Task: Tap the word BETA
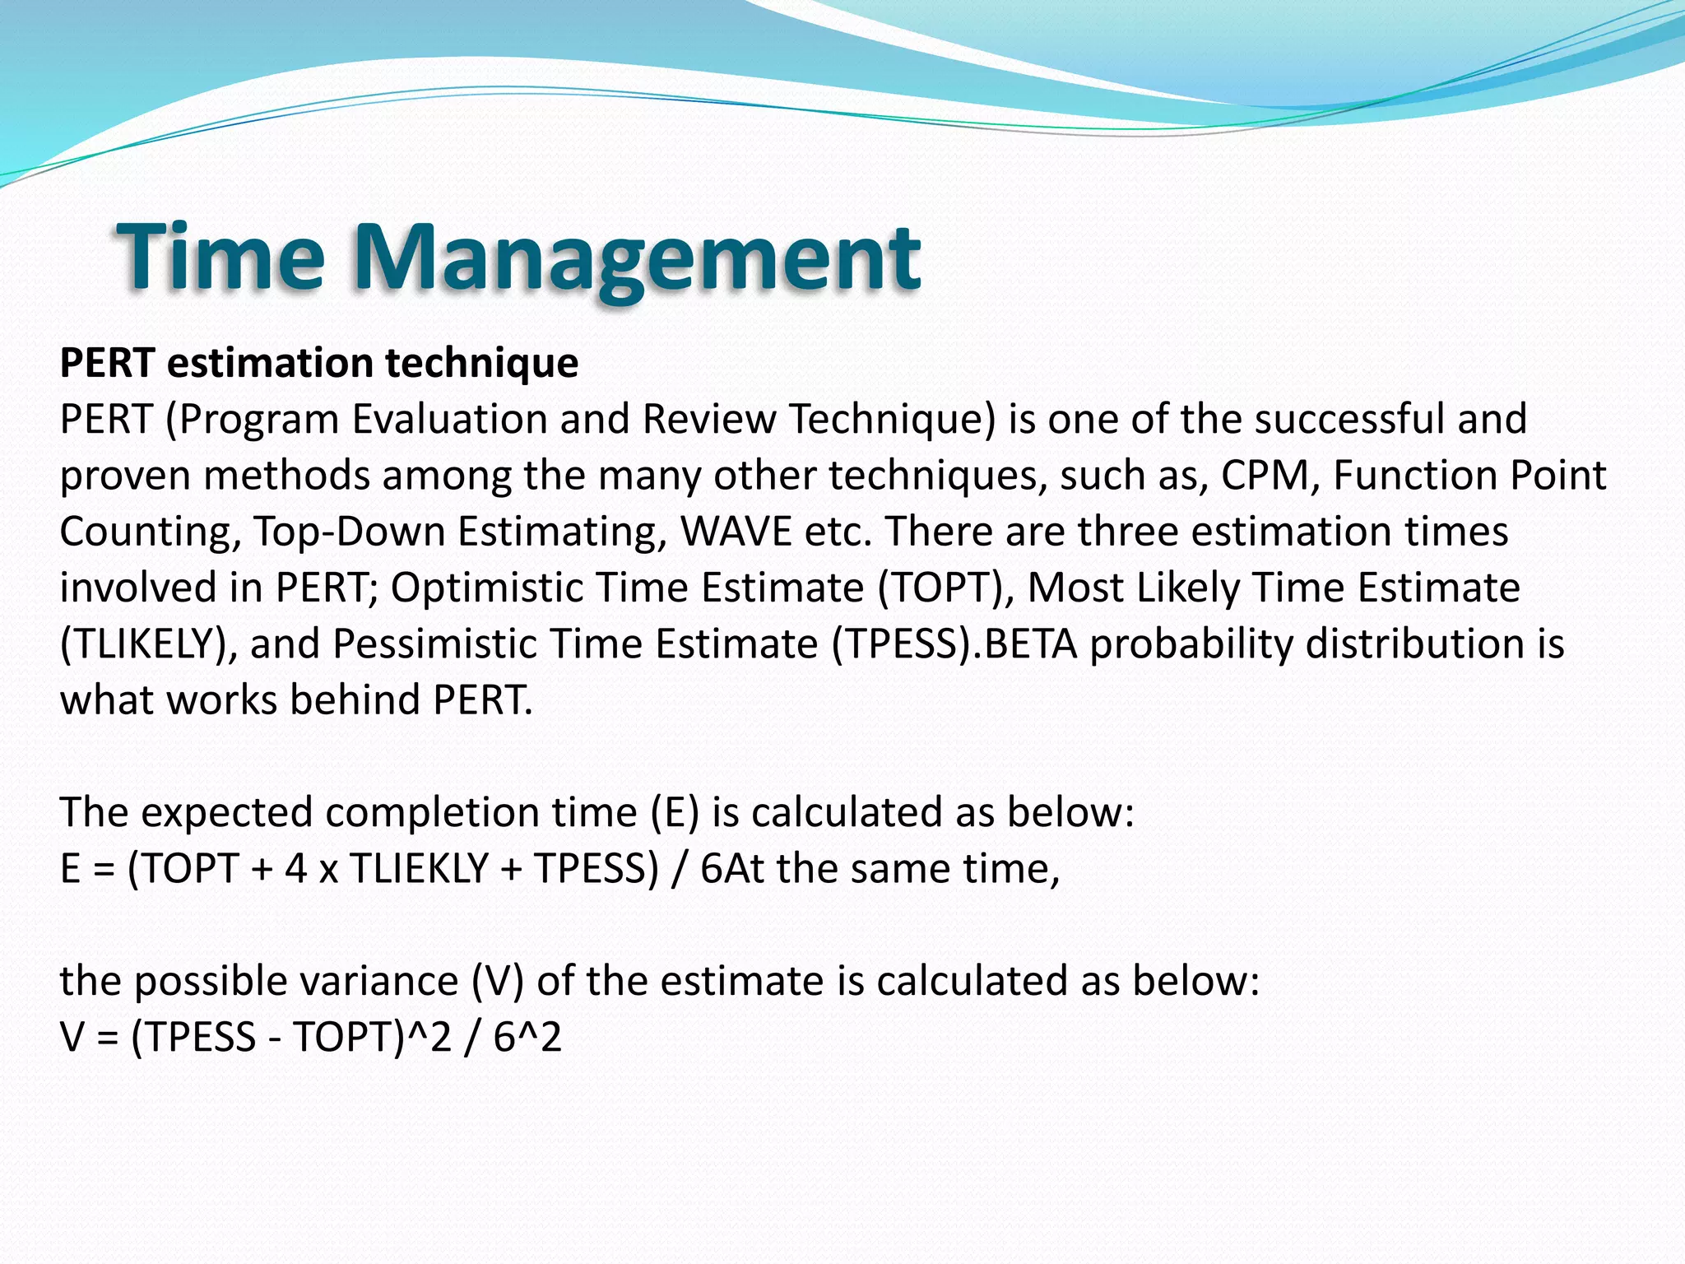click(1030, 644)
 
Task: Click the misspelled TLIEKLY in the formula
click(420, 869)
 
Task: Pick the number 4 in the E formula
click(295, 869)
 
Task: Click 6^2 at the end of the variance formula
click(527, 1037)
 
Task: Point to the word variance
click(378, 981)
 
